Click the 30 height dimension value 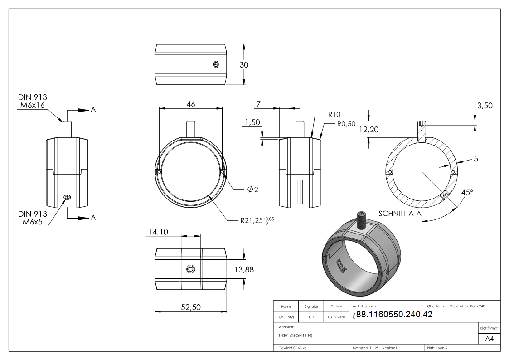point(244,65)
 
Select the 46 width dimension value point(190,104)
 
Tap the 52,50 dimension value point(190,307)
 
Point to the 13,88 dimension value point(244,269)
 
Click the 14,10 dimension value point(158,232)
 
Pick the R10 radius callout point(334,114)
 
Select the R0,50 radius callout point(346,124)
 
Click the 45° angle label point(466,192)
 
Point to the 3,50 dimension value point(485,106)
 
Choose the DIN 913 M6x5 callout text point(32,218)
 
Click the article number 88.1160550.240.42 point(394,315)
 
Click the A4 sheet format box point(489,339)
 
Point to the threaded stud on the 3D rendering point(362,219)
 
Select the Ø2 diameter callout point(252,190)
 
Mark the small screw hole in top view point(216,64)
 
